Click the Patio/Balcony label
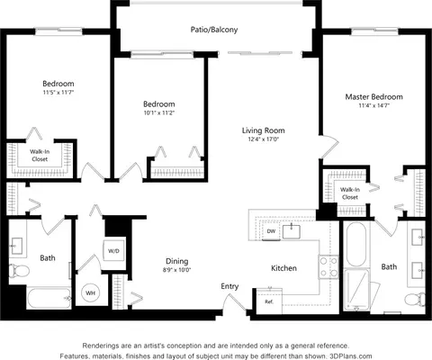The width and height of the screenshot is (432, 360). coord(214,30)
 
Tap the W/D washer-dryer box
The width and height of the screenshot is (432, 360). coord(113,251)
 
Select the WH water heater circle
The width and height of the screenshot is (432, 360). coord(90,292)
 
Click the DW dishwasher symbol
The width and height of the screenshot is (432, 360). coord(271,231)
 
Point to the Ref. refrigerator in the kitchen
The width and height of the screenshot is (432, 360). coord(269,301)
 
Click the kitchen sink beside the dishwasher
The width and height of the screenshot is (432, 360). coord(292,231)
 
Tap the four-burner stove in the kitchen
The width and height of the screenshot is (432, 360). coord(328,266)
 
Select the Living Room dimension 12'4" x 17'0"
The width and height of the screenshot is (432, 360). coord(264,139)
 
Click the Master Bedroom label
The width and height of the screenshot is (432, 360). coord(373,97)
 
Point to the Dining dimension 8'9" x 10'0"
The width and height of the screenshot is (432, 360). coord(177,270)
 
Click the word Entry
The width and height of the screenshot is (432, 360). coord(229,286)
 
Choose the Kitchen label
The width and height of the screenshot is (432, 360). coord(283,268)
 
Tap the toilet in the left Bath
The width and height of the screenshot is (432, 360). coord(19,271)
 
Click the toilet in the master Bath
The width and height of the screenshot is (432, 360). coord(415,300)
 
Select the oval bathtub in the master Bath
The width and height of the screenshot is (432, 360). coord(356,245)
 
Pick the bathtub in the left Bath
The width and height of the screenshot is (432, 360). coord(49,298)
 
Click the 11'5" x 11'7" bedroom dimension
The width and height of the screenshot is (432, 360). coord(58,93)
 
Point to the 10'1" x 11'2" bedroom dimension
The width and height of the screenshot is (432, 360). coord(159,112)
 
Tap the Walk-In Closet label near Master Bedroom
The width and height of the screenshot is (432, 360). coord(350,193)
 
